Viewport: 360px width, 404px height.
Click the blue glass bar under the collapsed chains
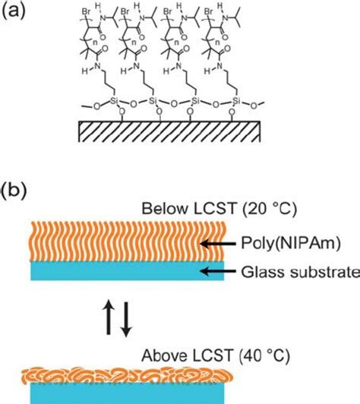(128, 393)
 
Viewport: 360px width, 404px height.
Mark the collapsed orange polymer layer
(128, 375)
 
